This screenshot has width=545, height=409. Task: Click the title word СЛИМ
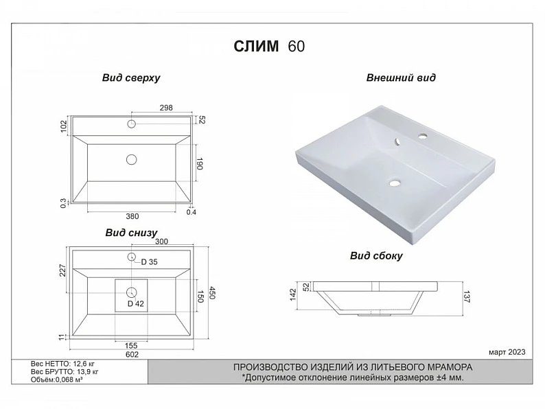click(x=256, y=46)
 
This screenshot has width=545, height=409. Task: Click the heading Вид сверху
click(x=131, y=78)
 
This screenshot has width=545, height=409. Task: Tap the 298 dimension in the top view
click(x=166, y=108)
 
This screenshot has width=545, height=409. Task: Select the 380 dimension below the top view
click(x=132, y=216)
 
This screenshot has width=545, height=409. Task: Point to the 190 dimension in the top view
click(x=200, y=163)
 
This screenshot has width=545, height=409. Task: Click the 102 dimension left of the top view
click(x=64, y=127)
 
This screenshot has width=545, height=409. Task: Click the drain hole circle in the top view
click(x=131, y=159)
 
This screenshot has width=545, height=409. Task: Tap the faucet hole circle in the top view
click(x=131, y=124)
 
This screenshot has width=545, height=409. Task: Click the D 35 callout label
click(x=150, y=262)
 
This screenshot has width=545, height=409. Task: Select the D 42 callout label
click(x=135, y=304)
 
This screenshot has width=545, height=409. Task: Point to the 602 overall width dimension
click(x=132, y=354)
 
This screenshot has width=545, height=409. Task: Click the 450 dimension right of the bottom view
click(x=213, y=292)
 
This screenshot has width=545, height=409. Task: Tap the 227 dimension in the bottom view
click(x=62, y=270)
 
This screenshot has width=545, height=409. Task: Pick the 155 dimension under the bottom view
click(x=131, y=346)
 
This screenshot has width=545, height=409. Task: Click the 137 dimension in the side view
click(x=467, y=296)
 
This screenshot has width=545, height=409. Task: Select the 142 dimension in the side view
click(x=293, y=294)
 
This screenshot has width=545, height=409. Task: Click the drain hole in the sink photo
click(x=395, y=183)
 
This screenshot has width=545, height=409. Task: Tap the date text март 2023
click(x=507, y=352)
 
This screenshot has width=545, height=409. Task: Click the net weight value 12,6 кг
click(x=84, y=364)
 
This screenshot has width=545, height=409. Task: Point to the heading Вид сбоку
click(x=376, y=256)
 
